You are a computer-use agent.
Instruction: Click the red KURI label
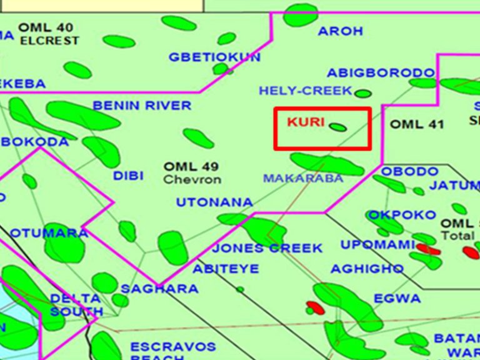pos(306,122)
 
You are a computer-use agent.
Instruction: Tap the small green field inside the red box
pos(338,127)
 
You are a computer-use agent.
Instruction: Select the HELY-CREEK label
pos(306,91)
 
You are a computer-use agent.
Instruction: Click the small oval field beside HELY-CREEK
pos(362,94)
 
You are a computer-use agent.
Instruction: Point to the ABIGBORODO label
pos(380,73)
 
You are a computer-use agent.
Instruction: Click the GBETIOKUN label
pos(214,57)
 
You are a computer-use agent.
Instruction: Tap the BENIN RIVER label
pos(142,105)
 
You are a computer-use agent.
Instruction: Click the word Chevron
pos(192,179)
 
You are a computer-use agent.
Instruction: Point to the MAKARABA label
pos(303,178)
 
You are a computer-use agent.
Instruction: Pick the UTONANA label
pos(214,202)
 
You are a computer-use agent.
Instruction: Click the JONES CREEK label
pos(267,248)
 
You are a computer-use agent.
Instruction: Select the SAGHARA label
pos(159,289)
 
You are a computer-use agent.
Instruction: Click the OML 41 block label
pos(417,124)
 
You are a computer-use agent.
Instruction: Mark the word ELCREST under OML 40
pos(50,41)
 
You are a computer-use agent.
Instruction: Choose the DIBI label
pos(128,176)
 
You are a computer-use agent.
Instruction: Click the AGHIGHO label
pos(367,269)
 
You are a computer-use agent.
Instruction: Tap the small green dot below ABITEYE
pos(240,289)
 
